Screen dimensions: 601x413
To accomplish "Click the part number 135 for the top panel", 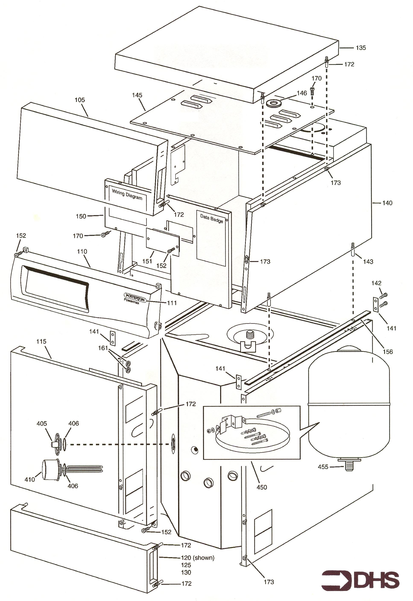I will pyautogui.click(x=361, y=48).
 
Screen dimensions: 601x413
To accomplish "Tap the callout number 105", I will pyautogui.click(x=80, y=100).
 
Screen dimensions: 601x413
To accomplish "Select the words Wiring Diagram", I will pyautogui.click(x=127, y=194).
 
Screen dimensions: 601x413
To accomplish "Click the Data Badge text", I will pyautogui.click(x=211, y=218).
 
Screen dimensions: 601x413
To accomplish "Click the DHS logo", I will pyautogui.click(x=360, y=580).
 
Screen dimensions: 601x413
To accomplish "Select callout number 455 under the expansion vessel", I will pyautogui.click(x=323, y=467).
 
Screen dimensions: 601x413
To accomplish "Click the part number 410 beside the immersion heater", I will pyautogui.click(x=30, y=480).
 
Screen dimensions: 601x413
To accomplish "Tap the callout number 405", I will pyautogui.click(x=42, y=424).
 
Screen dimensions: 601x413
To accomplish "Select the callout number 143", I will pyautogui.click(x=368, y=262).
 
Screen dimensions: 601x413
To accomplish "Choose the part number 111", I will pyautogui.click(x=172, y=303).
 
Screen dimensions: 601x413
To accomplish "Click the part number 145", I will pyautogui.click(x=137, y=95).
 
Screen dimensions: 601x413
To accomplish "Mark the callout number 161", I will pyautogui.click(x=103, y=348).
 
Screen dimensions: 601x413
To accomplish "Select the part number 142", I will pyautogui.click(x=376, y=283).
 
